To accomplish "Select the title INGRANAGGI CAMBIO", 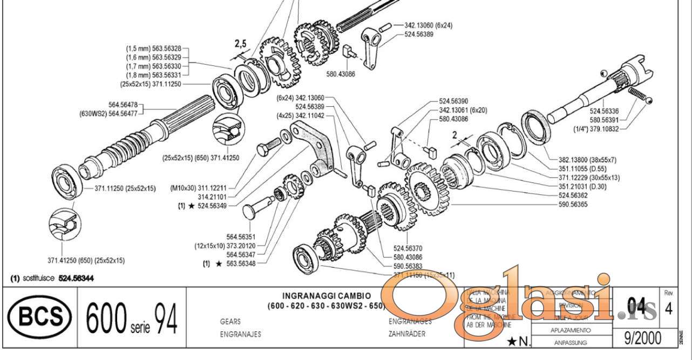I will (x=327, y=296).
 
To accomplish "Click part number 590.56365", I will (x=573, y=205).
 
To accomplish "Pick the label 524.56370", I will (x=408, y=248).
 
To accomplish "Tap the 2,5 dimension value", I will (x=240, y=44).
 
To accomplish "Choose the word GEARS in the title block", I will (x=230, y=321).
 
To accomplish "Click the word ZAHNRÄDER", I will (x=406, y=334).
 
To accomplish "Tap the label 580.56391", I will (x=603, y=120).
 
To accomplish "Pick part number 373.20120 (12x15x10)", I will (x=226, y=246).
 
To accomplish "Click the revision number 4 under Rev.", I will (x=669, y=309).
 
